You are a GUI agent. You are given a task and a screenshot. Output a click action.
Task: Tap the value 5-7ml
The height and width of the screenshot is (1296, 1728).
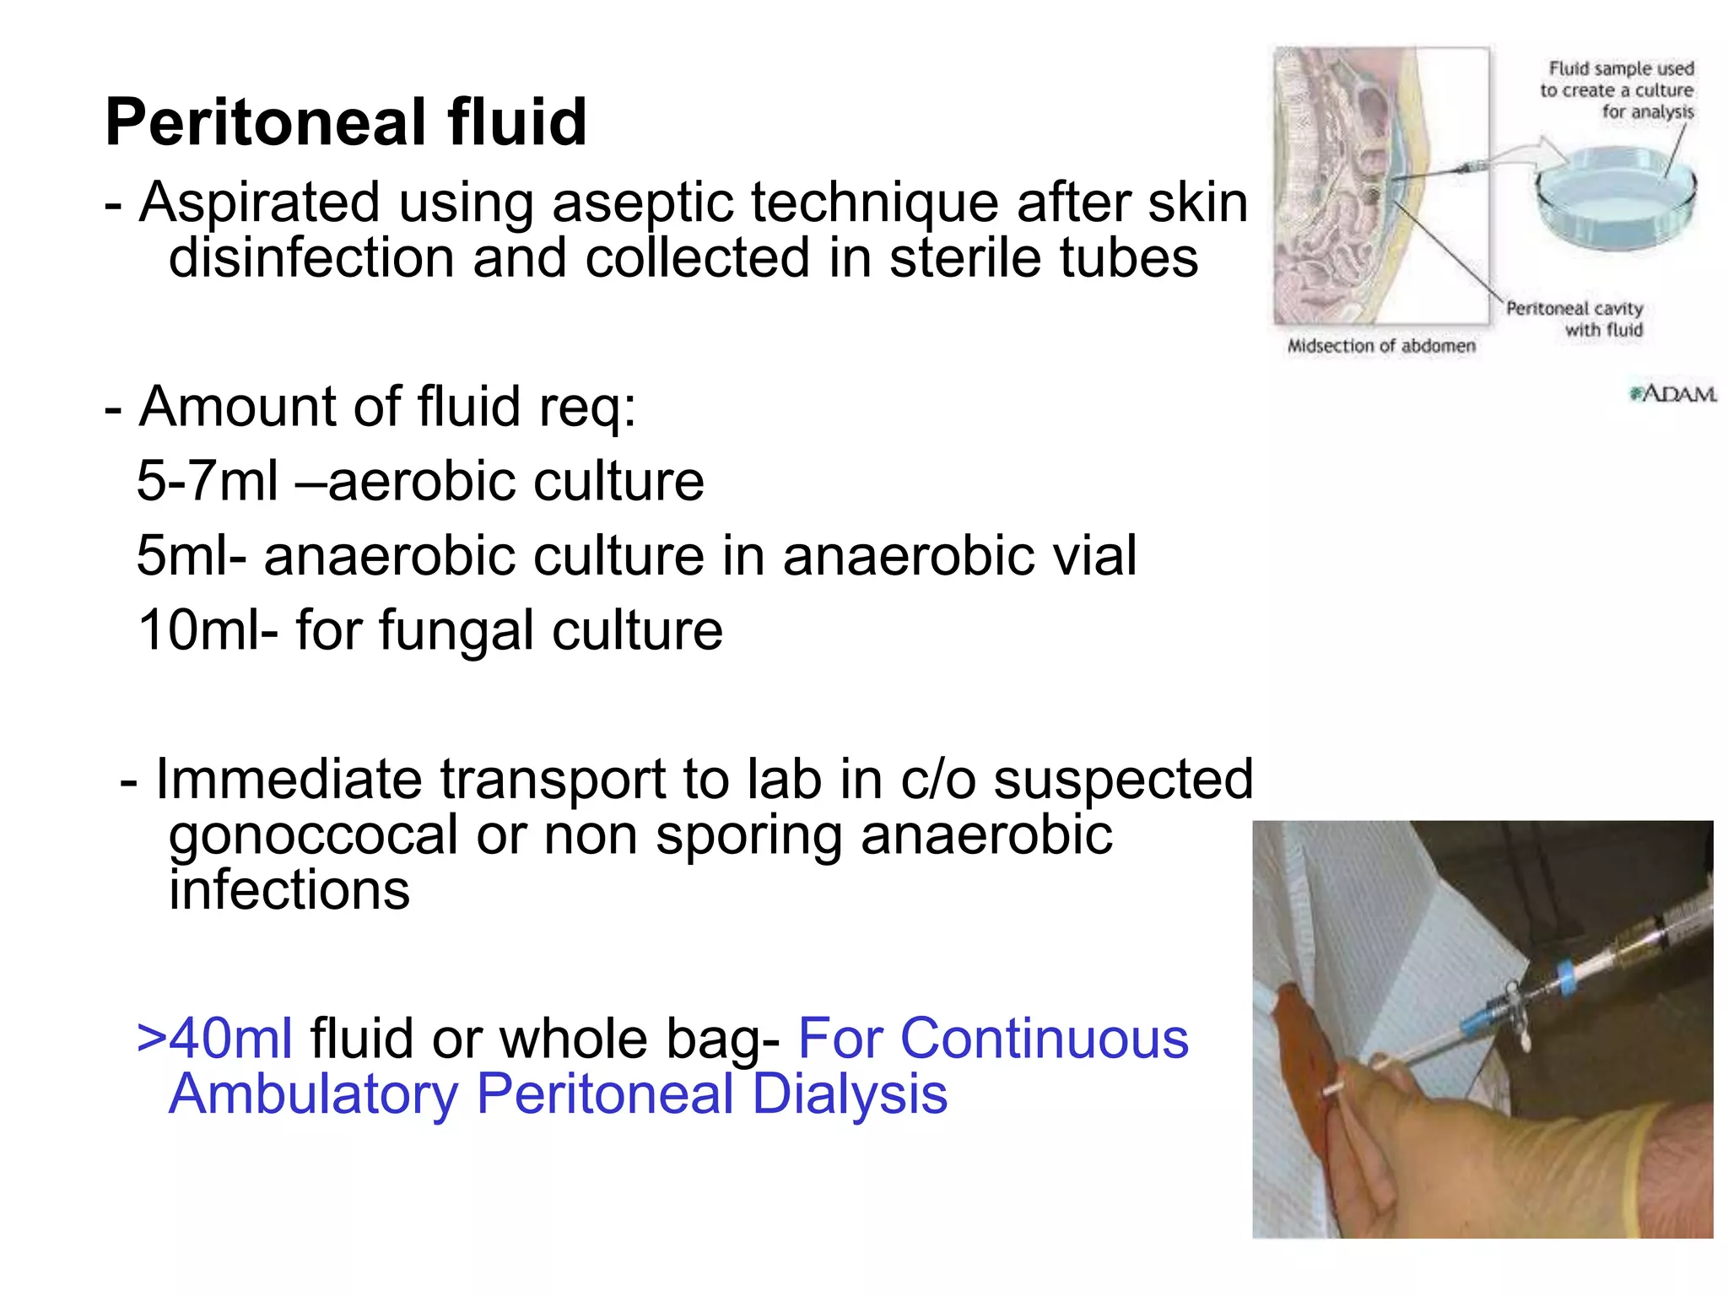tap(207, 481)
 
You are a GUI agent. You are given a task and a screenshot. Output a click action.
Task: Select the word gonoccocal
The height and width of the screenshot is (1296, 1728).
tap(313, 835)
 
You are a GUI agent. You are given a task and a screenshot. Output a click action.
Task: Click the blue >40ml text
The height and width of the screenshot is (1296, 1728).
tap(215, 1038)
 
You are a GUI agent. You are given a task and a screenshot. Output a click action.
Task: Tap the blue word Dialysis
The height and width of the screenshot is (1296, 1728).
tap(850, 1094)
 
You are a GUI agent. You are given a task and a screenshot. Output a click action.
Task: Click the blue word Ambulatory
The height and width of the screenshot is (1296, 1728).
tap(314, 1094)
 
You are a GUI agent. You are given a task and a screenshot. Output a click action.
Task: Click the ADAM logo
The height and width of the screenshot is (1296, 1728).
tap(1673, 394)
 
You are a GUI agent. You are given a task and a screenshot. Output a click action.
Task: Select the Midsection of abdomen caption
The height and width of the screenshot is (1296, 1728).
tap(1381, 346)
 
